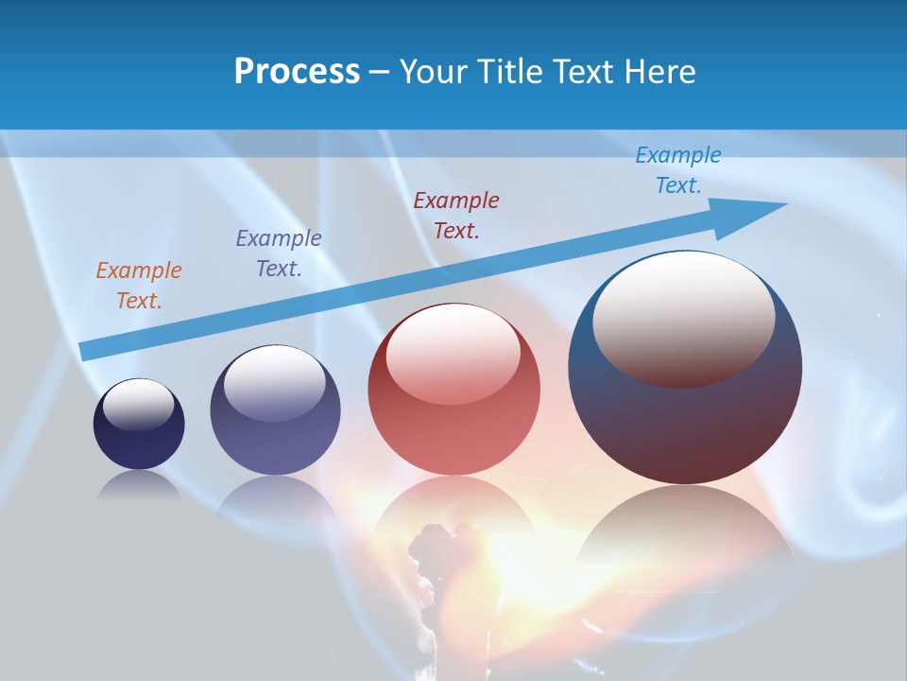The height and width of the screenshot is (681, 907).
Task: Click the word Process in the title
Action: [x=297, y=72]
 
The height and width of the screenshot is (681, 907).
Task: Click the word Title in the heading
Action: [x=508, y=72]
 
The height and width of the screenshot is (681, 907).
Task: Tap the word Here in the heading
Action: [x=659, y=72]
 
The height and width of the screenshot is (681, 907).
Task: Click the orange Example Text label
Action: [x=138, y=286]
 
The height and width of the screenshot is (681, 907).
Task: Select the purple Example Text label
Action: [x=278, y=253]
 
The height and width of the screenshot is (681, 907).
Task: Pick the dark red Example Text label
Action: [x=456, y=215]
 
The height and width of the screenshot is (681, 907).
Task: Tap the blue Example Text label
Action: [x=678, y=170]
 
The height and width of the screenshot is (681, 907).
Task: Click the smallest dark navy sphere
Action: [x=139, y=445]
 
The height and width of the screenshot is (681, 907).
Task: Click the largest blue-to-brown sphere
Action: [x=685, y=426]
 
